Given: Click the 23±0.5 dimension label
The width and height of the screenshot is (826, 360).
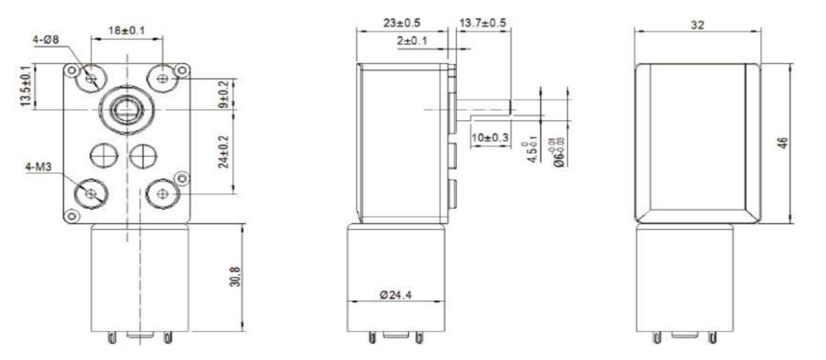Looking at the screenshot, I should click(401, 23).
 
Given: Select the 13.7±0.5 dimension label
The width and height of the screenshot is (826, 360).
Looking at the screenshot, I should click(483, 23).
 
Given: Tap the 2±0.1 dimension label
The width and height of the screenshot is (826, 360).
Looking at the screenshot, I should click(414, 39).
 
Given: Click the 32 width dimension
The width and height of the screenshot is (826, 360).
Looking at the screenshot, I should click(697, 26).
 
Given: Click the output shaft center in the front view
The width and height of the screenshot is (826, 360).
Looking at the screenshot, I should click(126, 109).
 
